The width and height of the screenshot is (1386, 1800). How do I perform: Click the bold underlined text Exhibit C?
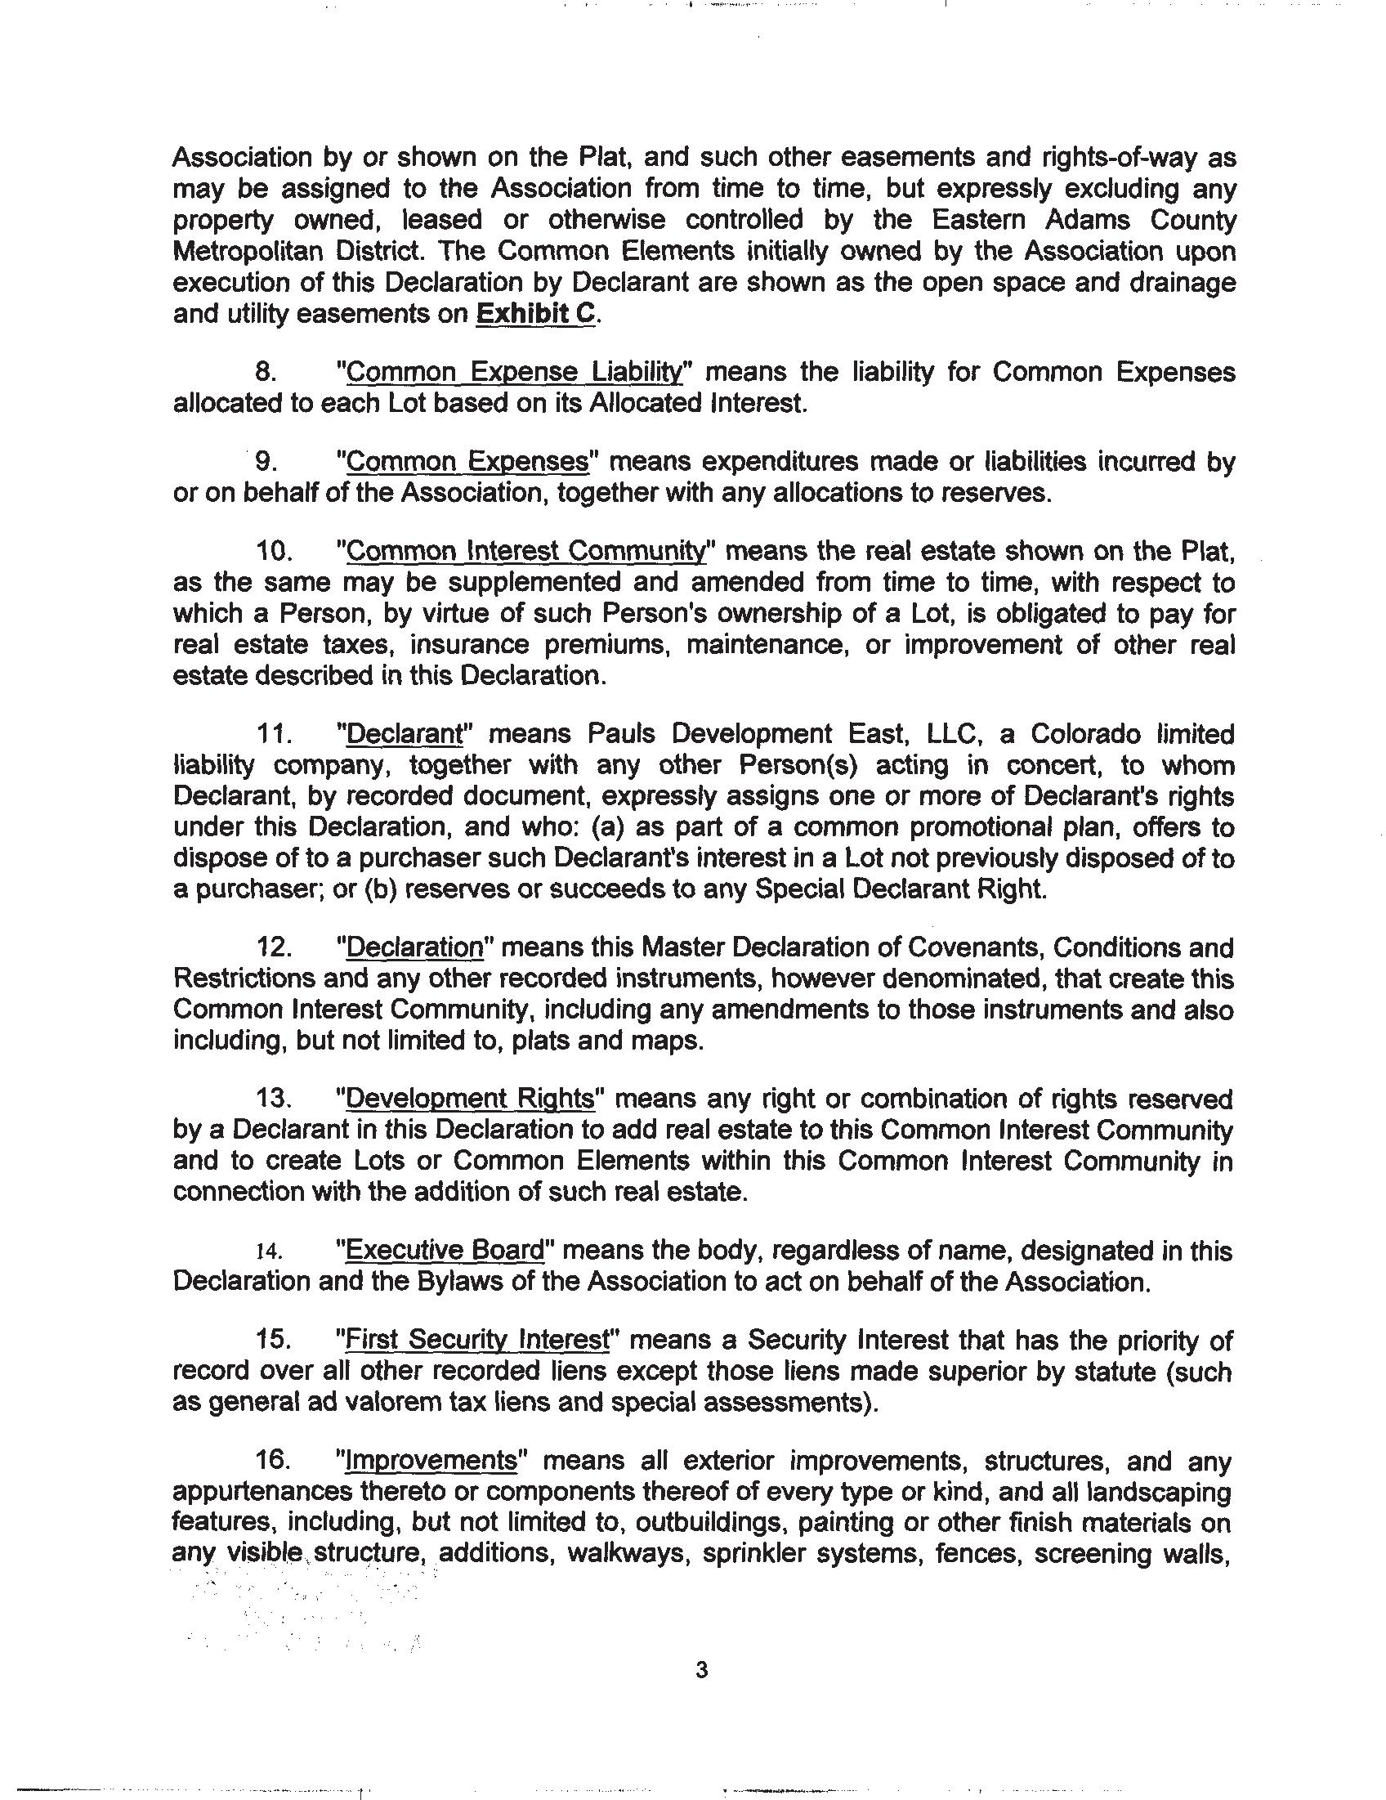[534, 314]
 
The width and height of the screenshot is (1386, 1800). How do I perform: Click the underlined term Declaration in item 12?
[414, 947]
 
